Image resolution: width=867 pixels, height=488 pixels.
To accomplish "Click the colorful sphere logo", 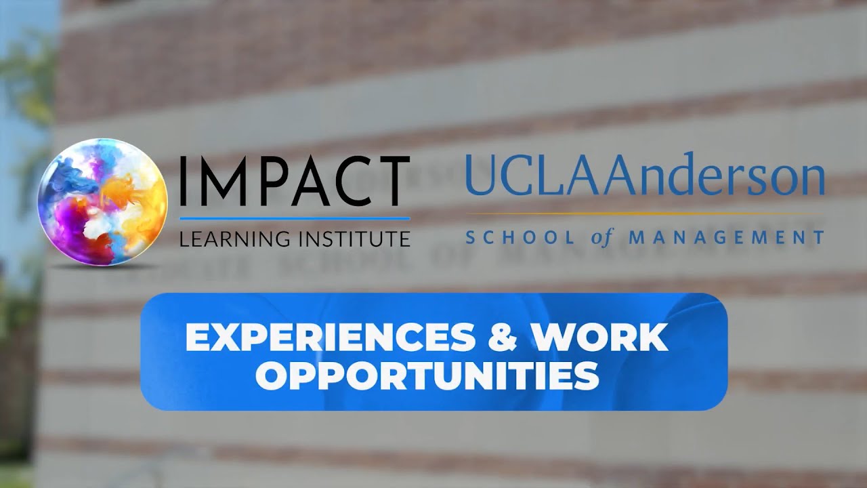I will (102, 201).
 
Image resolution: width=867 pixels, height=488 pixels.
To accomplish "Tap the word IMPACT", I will (295, 184).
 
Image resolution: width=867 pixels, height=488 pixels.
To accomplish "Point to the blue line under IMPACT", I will (295, 218).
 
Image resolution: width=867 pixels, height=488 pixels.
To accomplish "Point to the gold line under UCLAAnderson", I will (643, 214).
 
